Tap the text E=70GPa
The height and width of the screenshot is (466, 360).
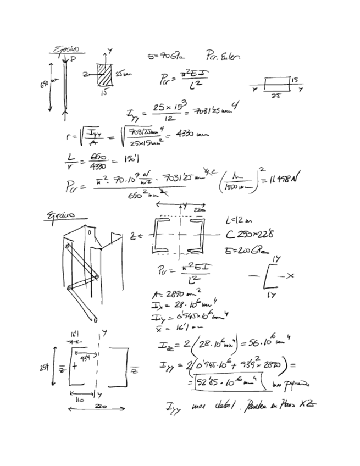click(166, 56)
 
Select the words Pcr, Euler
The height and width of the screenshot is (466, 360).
click(223, 55)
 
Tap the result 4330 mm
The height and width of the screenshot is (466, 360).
click(194, 135)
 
